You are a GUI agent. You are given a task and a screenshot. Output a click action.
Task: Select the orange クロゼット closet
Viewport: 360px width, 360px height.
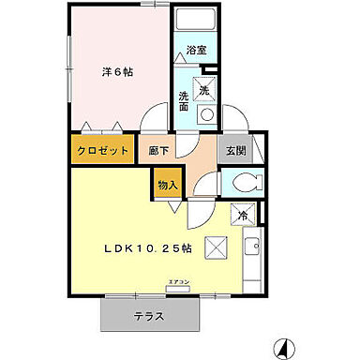click(x=100, y=150)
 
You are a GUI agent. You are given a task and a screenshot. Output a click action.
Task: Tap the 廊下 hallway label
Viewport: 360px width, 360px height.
click(x=157, y=150)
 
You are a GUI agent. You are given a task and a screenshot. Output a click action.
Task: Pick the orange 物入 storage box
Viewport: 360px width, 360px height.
click(x=166, y=185)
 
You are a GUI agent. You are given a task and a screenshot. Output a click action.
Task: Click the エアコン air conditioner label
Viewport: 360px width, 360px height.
click(x=178, y=282)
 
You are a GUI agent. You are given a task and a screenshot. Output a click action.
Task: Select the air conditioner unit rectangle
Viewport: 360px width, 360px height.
click(x=178, y=289)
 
